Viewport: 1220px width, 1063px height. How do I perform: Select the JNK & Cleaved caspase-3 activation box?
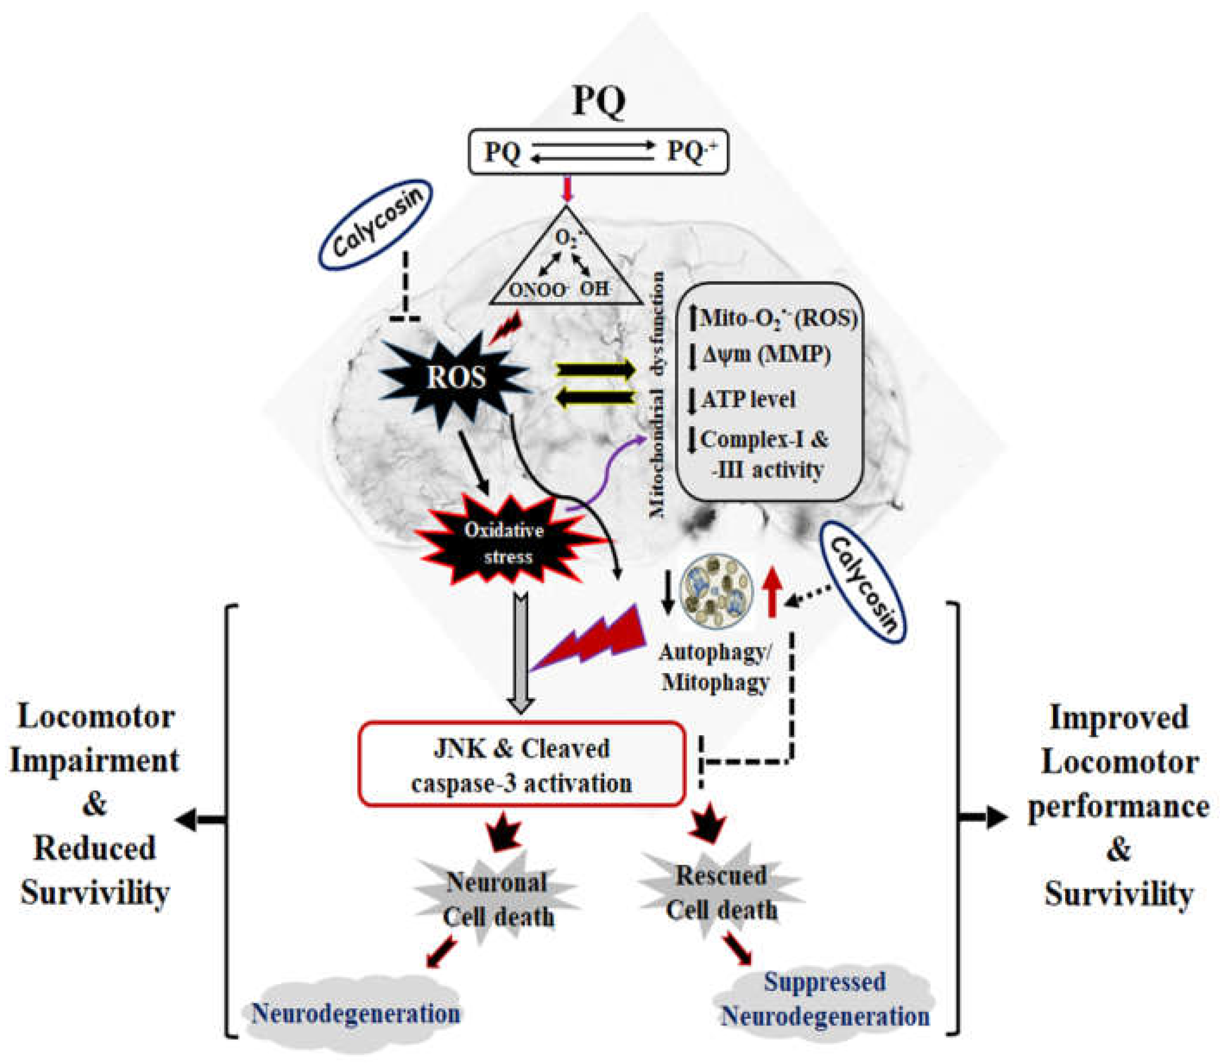pos(521,765)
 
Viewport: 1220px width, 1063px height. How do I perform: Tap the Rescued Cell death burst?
pos(721,893)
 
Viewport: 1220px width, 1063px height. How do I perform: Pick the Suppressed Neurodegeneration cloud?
pos(825,1000)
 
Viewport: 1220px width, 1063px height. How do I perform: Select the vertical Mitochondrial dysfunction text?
pos(657,395)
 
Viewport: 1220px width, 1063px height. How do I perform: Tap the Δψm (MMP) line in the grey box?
pos(765,355)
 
